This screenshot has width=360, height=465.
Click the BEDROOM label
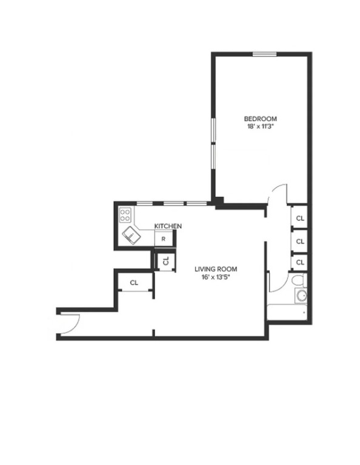(260, 118)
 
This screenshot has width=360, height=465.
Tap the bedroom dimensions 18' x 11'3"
(260, 127)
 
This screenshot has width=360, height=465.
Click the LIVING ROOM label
(215, 269)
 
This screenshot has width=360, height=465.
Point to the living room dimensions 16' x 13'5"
(215, 277)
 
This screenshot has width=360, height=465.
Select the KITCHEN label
(168, 226)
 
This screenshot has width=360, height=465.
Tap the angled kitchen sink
(132, 235)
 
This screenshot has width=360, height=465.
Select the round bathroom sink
(301, 295)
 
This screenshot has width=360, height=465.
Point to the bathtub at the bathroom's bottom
(287, 312)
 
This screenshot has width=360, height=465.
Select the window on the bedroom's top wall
(264, 54)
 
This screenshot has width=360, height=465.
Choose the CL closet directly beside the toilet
(299, 262)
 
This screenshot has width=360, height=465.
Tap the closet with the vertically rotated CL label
(165, 261)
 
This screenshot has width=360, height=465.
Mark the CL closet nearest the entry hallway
(134, 282)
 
